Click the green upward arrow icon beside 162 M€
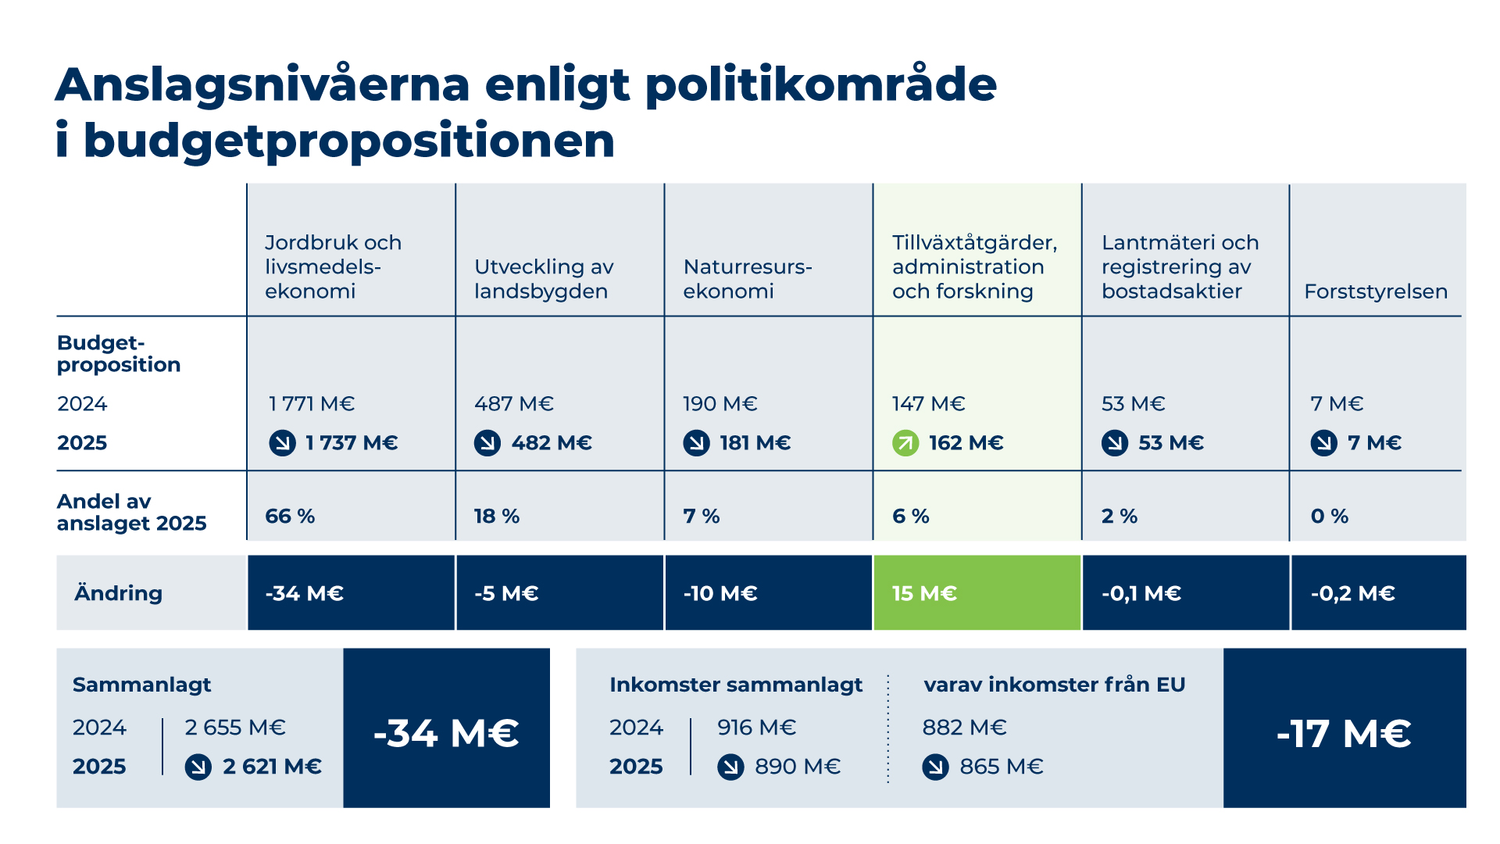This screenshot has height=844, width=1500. pyautogui.click(x=905, y=443)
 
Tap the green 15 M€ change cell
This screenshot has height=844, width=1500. pyautogui.click(x=977, y=592)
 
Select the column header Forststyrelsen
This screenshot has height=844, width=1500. pyautogui.click(x=1376, y=291)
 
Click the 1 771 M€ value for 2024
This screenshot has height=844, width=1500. pyautogui.click(x=312, y=404)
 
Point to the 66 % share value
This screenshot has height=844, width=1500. pyautogui.click(x=290, y=516)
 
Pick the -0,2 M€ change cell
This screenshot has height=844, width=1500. pyautogui.click(x=1379, y=592)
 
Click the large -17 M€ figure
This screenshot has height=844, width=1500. pyautogui.click(x=1344, y=734)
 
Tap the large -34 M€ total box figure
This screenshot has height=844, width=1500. pyautogui.click(x=446, y=734)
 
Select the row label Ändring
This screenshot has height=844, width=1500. pyautogui.click(x=119, y=592)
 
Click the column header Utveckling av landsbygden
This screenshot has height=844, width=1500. pyautogui.click(x=544, y=279)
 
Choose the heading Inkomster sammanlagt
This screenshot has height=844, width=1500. pyautogui.click(x=736, y=685)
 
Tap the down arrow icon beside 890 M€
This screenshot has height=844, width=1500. pyautogui.click(x=730, y=767)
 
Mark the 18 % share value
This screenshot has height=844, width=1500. pyautogui.click(x=497, y=516)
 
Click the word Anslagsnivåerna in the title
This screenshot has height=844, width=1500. pyautogui.click(x=262, y=84)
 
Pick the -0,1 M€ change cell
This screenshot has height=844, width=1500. pyautogui.click(x=1186, y=592)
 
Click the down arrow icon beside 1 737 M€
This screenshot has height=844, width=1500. pyautogui.click(x=282, y=443)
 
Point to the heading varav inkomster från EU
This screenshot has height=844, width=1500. pyautogui.click(x=1054, y=685)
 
